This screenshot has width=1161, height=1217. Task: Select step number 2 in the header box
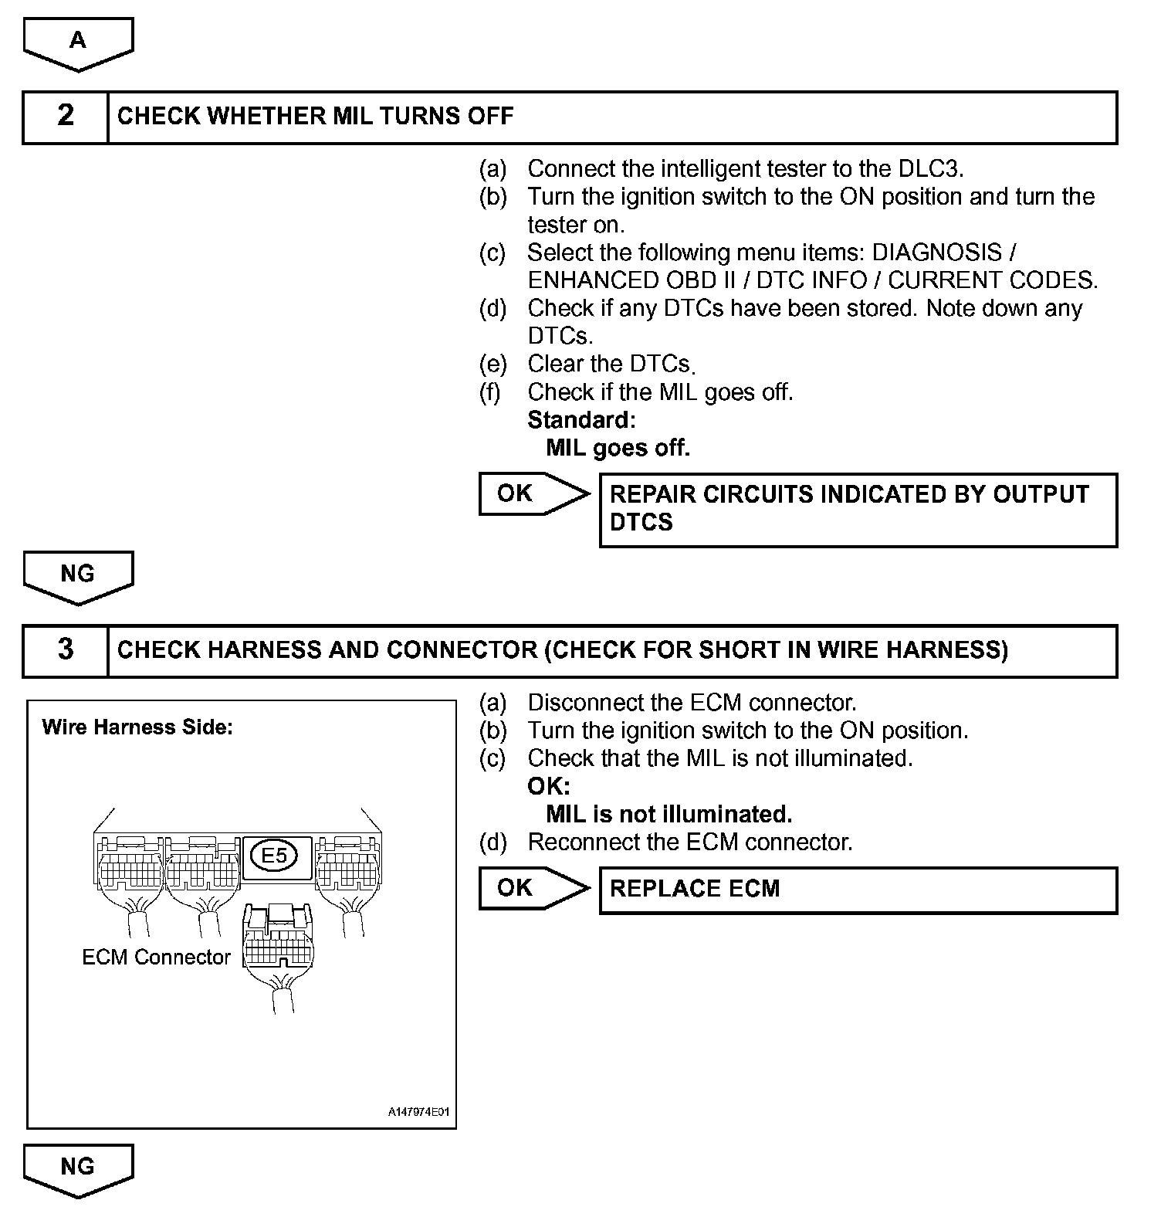tap(66, 117)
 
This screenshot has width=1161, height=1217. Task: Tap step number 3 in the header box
tap(66, 650)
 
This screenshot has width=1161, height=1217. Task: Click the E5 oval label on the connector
tap(275, 856)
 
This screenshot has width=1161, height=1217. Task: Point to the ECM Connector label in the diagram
tap(156, 958)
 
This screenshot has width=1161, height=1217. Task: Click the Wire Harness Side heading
tap(137, 727)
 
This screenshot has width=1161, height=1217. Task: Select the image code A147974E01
tap(418, 1113)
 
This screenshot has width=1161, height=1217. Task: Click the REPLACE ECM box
tap(858, 890)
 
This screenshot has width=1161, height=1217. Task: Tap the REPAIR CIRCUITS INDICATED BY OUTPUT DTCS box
tap(858, 510)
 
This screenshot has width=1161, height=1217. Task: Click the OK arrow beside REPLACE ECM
tap(531, 888)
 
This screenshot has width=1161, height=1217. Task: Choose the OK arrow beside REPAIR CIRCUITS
tap(531, 493)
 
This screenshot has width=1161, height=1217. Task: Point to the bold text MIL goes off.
tap(618, 448)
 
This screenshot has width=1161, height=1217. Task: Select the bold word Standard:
tap(581, 420)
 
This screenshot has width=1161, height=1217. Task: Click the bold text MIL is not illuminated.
tap(669, 815)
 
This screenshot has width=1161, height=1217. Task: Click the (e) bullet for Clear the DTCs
tap(492, 364)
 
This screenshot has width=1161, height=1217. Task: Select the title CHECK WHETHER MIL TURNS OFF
tap(315, 117)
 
